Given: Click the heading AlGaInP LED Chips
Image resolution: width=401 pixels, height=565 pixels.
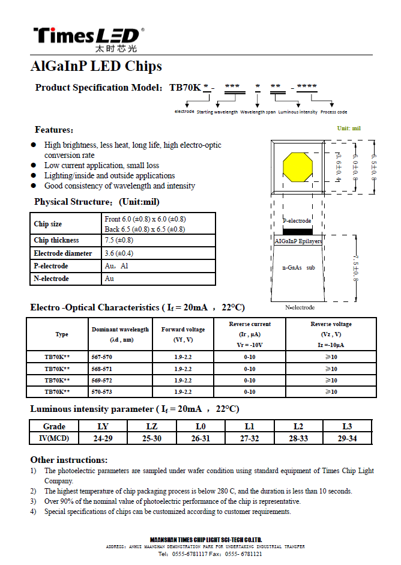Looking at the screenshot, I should coord(95,66).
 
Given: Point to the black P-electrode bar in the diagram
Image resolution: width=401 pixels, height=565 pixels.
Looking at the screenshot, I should coord(297,231).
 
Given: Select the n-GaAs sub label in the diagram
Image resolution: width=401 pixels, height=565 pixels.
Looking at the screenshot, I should coord(298,267).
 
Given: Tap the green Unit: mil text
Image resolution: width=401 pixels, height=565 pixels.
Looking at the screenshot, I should coord(349,128).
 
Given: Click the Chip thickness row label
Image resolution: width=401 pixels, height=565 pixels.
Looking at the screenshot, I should coord(56,240).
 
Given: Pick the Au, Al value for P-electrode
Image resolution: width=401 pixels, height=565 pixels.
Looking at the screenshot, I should coord(116,266).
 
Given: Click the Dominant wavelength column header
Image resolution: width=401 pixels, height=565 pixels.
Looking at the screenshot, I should coord(120,334).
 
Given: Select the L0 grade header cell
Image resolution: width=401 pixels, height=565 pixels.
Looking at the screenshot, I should coord(200,426).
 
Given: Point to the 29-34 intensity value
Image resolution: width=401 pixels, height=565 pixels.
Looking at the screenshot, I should coord(347,438).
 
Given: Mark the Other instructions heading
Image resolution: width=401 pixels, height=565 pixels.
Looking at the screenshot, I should coord(69,460).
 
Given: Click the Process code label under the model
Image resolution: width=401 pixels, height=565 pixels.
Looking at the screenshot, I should coord(333,112).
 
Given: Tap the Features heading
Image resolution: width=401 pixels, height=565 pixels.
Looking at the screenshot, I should coord(54,130).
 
